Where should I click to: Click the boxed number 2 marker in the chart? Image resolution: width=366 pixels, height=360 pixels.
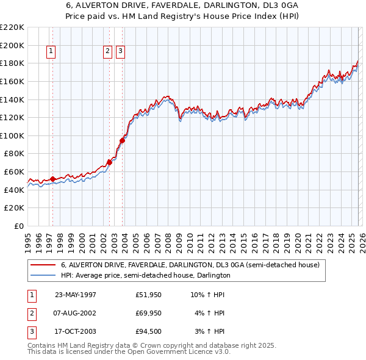107,52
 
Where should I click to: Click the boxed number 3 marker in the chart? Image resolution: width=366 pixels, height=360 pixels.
120,52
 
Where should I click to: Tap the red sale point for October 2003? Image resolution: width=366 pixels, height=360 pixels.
122,140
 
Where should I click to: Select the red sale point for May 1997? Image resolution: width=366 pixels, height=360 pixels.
53,179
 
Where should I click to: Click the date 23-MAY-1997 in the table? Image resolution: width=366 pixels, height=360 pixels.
76,295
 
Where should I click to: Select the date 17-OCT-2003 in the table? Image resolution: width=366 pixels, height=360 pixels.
76,331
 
